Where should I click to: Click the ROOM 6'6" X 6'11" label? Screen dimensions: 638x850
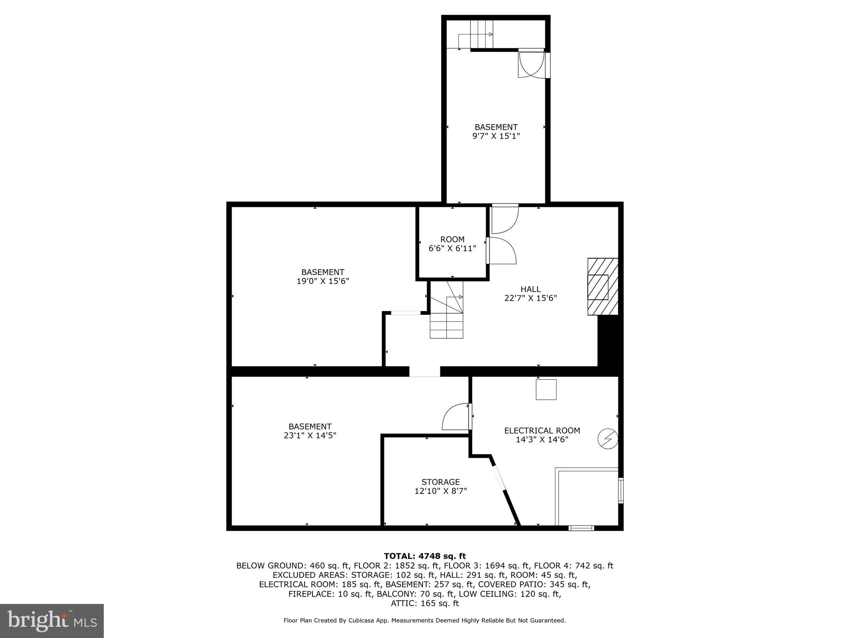452,244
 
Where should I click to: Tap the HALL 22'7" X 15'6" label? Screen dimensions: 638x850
530,293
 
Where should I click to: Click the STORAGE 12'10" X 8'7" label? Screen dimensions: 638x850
440,486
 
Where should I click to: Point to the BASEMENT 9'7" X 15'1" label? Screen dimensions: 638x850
496,131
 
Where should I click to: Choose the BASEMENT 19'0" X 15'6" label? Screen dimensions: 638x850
322,277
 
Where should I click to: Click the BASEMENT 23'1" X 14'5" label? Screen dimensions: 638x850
310,431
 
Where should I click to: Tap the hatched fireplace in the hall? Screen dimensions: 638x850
602,287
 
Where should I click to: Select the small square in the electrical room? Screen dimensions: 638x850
546,390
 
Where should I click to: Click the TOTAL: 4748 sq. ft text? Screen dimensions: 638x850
425,556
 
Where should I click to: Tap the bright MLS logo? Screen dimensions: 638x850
52,621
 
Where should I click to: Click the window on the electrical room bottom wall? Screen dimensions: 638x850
581,528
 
